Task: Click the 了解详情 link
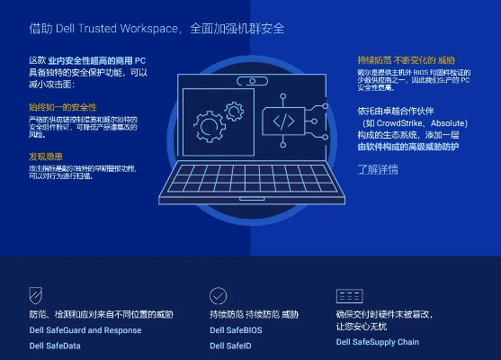(x=377, y=168)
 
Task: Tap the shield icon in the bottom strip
(x=36, y=295)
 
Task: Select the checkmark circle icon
(x=219, y=295)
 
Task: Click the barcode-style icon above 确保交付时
(x=349, y=296)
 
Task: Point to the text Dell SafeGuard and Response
(x=85, y=330)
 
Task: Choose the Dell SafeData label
(x=55, y=345)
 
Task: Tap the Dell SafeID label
(x=230, y=345)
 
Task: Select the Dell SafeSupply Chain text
(x=378, y=342)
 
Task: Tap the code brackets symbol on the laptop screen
(x=282, y=121)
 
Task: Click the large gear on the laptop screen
(x=209, y=126)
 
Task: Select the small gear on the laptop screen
(x=234, y=112)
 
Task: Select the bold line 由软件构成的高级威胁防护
(x=408, y=147)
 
